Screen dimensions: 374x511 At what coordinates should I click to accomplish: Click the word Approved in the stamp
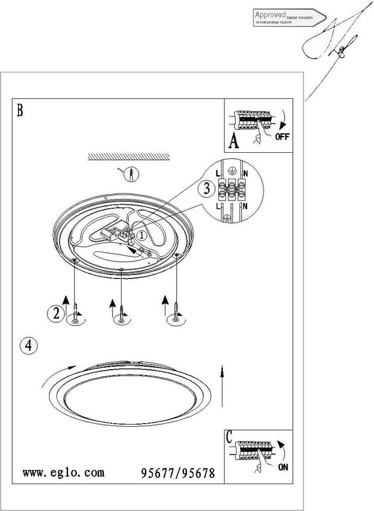pos(270,15)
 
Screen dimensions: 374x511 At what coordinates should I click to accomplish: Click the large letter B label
pos(19,110)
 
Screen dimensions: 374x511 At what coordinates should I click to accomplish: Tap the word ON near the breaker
pos(283,468)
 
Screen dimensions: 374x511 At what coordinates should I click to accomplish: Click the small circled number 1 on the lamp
pos(142,235)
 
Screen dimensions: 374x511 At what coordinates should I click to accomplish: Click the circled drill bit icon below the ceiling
pos(131,174)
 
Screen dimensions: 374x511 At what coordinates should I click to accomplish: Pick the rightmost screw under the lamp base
pos(176,311)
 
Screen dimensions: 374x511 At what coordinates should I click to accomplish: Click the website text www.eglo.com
pos(64,473)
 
